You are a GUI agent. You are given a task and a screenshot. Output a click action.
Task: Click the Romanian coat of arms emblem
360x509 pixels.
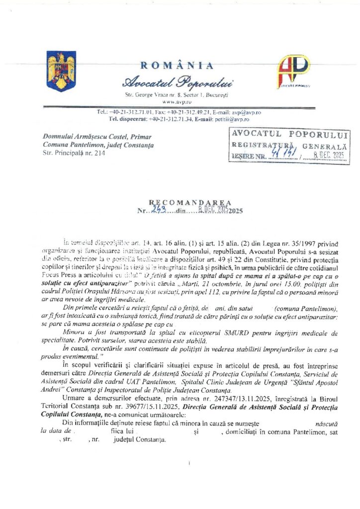(x=61, y=71)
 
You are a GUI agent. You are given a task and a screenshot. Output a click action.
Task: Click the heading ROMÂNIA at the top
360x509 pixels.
(x=178, y=66)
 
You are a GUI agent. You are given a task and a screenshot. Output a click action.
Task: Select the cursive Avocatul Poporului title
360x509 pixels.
(x=178, y=82)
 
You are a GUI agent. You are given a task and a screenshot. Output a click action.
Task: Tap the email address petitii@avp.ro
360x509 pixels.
(x=234, y=119)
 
